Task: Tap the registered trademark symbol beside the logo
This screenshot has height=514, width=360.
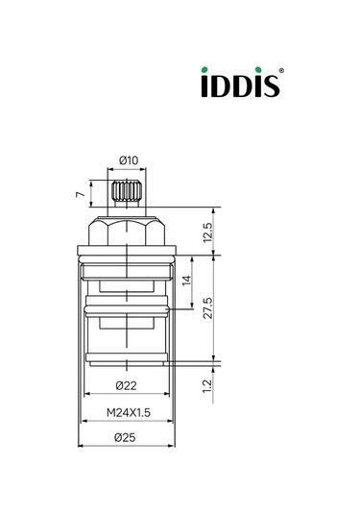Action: tap(281, 71)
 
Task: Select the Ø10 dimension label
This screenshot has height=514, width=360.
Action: tap(129, 159)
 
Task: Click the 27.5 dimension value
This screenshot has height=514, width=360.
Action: tap(207, 310)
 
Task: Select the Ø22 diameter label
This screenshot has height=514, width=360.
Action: tap(129, 386)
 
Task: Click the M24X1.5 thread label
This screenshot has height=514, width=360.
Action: tap(129, 411)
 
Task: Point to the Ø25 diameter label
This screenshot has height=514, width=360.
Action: tap(129, 437)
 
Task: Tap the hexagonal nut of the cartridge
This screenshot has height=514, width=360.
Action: tap(128, 230)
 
